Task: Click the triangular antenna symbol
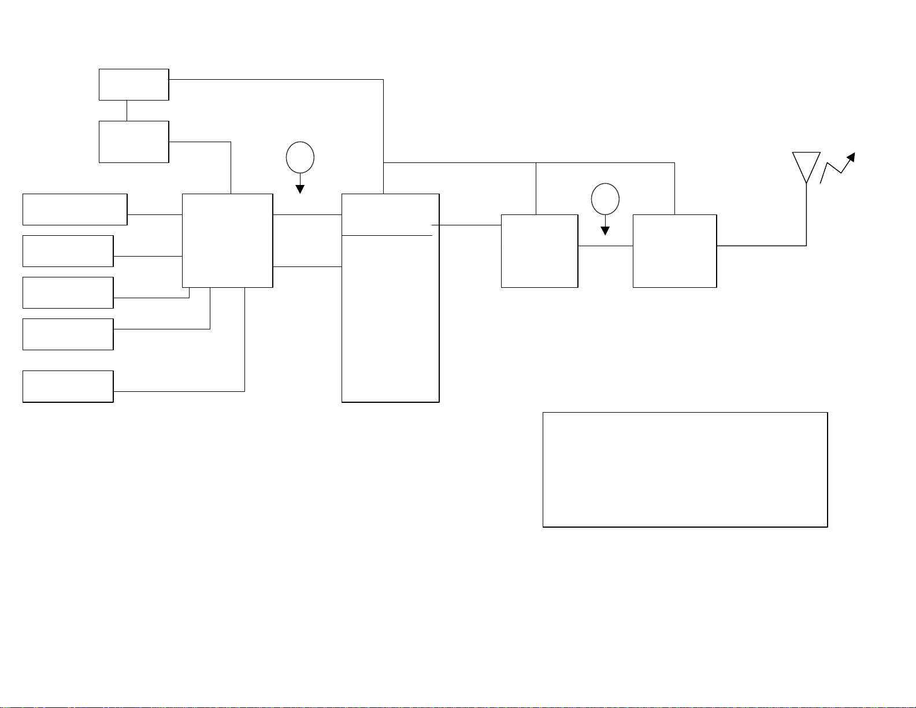(806, 165)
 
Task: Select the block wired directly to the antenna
(674, 251)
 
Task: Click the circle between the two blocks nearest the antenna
(605, 199)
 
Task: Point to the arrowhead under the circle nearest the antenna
(605, 231)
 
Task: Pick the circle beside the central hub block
(300, 157)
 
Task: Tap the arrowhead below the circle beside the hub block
(300, 189)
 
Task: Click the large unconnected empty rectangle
(685, 469)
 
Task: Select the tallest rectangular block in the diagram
(390, 318)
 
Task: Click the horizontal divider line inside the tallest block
(387, 235)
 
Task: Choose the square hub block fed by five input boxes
(227, 240)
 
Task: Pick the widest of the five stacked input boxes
(75, 209)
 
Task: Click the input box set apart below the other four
(68, 386)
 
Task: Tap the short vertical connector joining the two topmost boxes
(127, 110)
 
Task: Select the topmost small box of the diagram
(133, 84)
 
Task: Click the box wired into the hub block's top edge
(133, 142)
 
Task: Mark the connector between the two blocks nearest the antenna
(605, 246)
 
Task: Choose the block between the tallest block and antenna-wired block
(539, 251)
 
